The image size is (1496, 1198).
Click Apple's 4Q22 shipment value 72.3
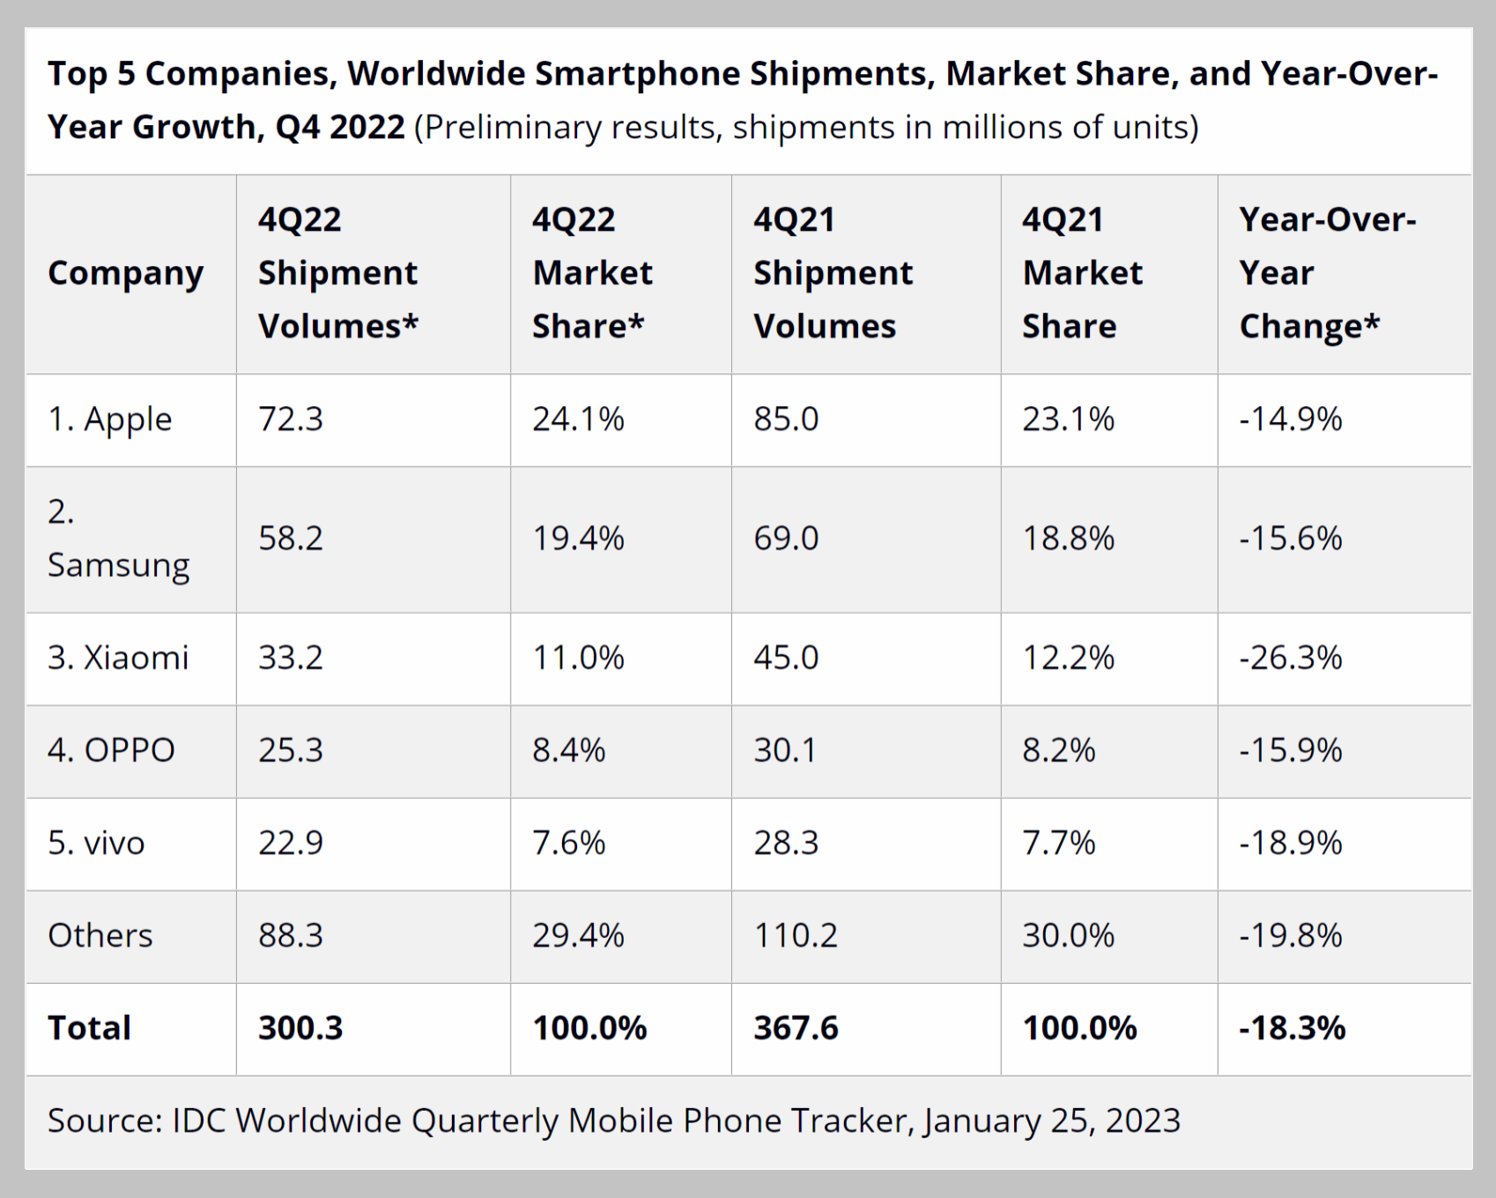(291, 419)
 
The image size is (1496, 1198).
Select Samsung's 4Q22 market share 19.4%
(578, 538)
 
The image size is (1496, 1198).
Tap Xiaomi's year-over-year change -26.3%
(1290, 658)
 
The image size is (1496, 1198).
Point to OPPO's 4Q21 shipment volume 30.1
(785, 751)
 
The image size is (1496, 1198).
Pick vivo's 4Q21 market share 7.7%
(1058, 844)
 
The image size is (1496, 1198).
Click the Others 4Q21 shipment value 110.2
(796, 935)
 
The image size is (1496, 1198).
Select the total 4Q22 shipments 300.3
(300, 1028)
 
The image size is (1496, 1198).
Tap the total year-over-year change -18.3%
(1292, 1028)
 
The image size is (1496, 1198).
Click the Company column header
(125, 273)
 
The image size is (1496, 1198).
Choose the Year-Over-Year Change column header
(1326, 273)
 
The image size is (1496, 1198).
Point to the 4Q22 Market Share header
(592, 273)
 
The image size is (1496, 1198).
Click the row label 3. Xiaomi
(118, 658)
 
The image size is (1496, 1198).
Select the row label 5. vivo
(96, 844)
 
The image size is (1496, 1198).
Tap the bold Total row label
(89, 1028)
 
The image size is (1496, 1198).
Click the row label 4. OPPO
(111, 751)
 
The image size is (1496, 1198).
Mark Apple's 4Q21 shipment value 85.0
(786, 419)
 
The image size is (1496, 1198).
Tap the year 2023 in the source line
(1143, 1120)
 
